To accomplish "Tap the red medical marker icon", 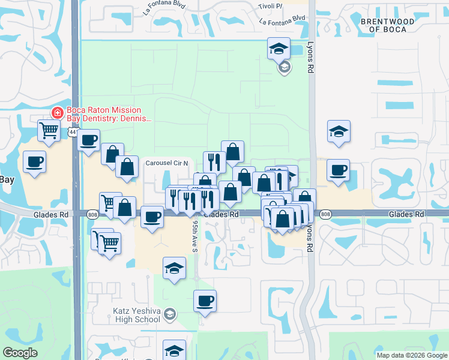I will pos(57,112).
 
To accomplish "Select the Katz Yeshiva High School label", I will pos(137,315).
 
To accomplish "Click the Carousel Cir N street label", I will pos(167,163).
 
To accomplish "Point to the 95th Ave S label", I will pos(196,236).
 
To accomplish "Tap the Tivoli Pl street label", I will pos(270,6).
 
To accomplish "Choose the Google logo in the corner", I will pos(20,353).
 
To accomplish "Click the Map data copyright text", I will pos(412,355).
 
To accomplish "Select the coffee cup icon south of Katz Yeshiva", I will pos(205,300).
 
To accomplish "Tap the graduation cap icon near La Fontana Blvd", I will pos(279,49).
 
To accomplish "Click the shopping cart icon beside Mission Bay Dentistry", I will pos(49,130).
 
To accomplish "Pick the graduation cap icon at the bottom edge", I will pos(174,350).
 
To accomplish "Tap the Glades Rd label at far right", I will pos(406,214).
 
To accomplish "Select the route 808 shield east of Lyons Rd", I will pos(325,214).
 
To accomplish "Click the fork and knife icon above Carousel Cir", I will pos(214,161).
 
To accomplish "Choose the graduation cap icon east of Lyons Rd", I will pos(339,131).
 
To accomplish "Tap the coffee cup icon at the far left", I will pos(34,161).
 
